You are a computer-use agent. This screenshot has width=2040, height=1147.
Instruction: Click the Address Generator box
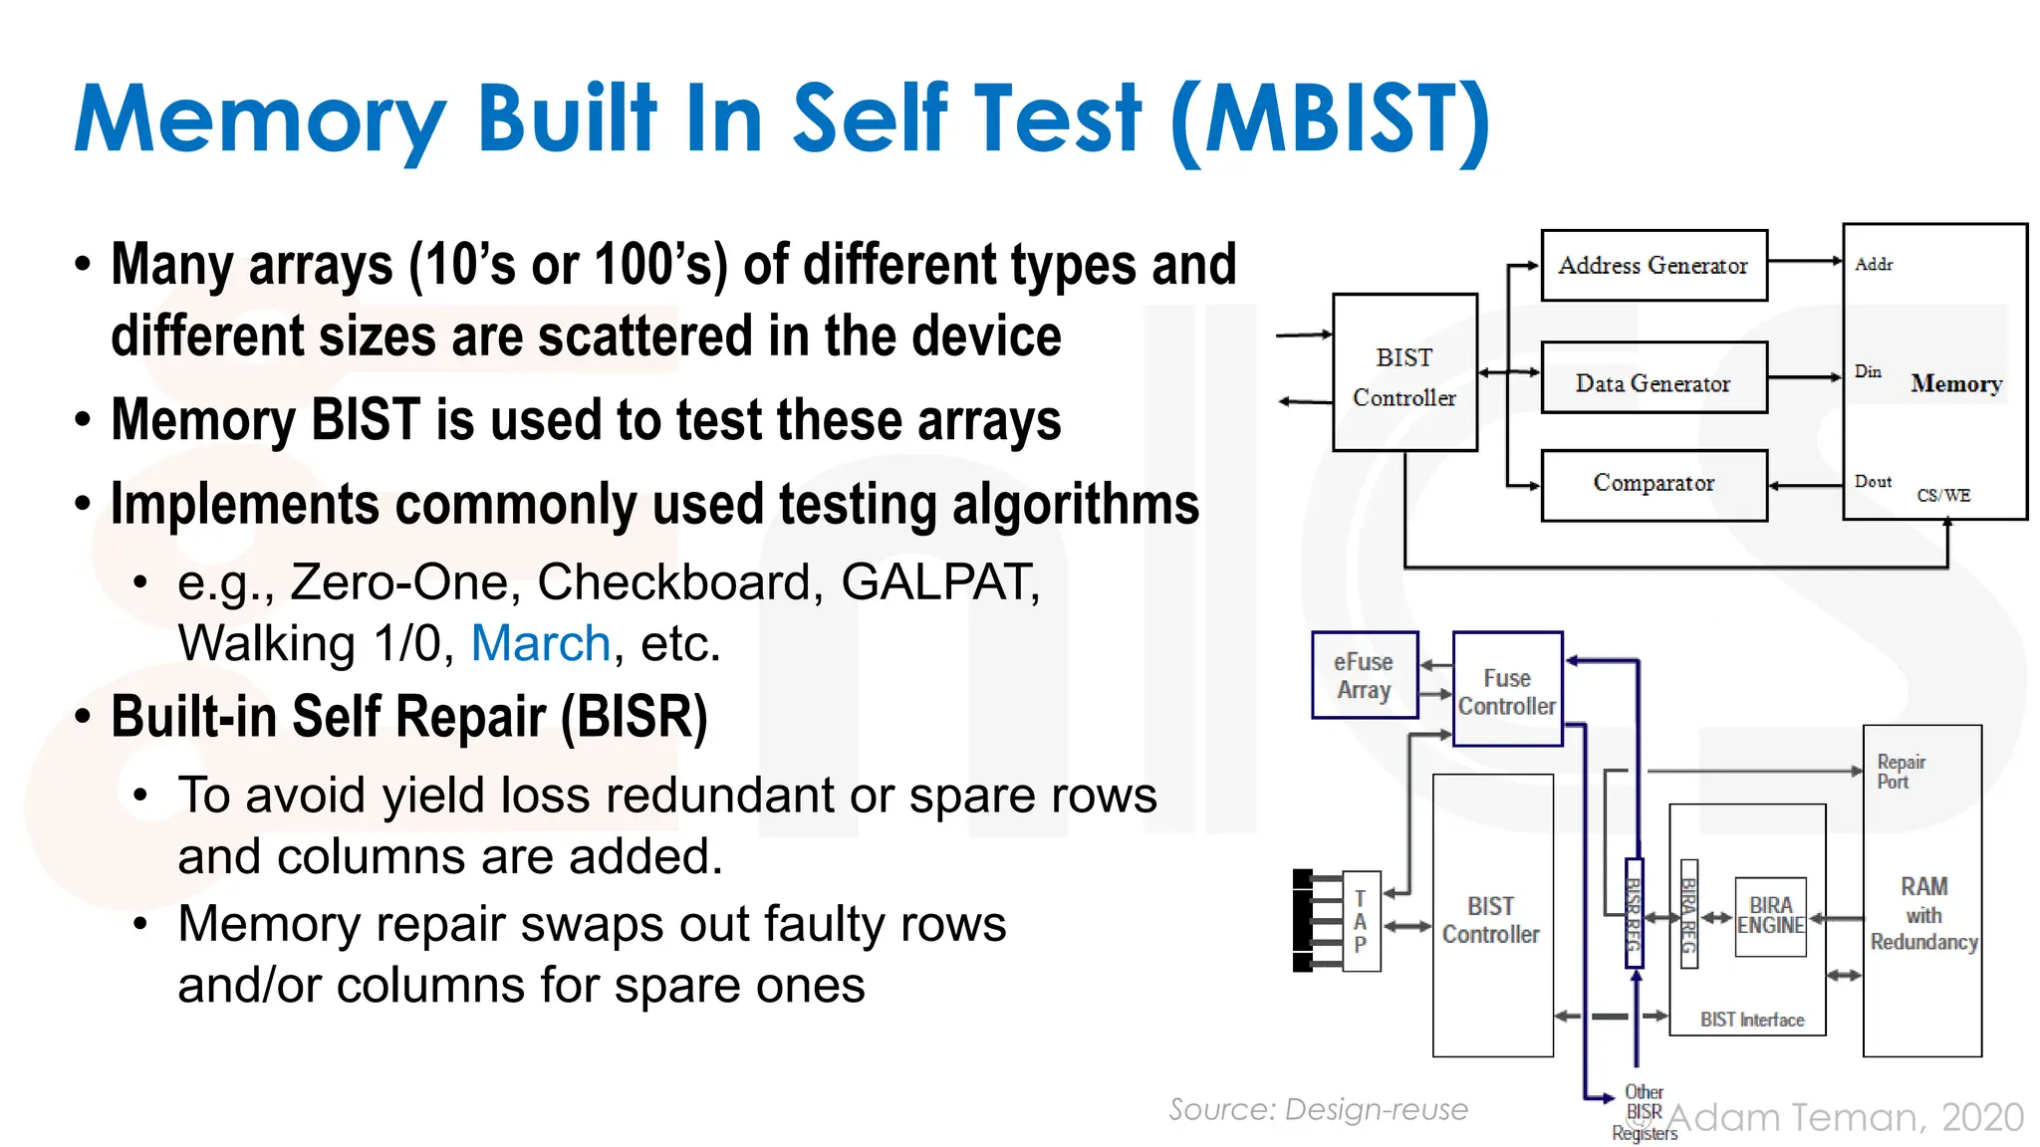click(x=1654, y=266)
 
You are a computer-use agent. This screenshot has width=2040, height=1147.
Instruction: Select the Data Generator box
click(x=1654, y=383)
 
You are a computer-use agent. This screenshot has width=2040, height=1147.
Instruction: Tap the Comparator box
click(x=1654, y=483)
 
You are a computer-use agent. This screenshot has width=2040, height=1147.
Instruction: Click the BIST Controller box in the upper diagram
click(x=1404, y=376)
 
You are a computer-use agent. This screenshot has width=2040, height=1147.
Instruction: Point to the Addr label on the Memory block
click(x=1874, y=265)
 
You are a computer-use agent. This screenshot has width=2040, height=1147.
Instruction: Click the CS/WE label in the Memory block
click(x=1943, y=496)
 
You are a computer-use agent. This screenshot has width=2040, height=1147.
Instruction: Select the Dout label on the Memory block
click(x=1873, y=482)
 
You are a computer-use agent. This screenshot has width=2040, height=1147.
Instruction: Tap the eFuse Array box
click(x=1364, y=676)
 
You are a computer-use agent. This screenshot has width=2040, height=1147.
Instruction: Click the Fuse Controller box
click(x=1507, y=692)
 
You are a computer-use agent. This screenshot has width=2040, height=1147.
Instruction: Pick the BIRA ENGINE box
click(x=1770, y=916)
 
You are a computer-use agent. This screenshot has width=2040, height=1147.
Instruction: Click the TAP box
click(x=1361, y=922)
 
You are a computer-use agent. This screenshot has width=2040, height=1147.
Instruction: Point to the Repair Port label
click(x=1901, y=772)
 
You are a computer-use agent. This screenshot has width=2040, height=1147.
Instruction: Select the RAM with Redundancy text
click(x=1923, y=914)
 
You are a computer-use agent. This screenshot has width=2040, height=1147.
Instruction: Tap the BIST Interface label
click(x=1752, y=1020)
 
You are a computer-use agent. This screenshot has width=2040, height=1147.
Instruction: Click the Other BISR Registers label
click(x=1645, y=1112)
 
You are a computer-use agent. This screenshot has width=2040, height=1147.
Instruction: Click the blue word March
click(x=540, y=643)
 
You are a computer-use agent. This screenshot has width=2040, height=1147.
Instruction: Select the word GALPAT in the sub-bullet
click(x=939, y=582)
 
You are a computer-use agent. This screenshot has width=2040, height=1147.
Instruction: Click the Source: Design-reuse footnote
click(x=1318, y=1109)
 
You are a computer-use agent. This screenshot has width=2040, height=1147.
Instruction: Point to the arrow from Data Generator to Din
click(x=1804, y=377)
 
